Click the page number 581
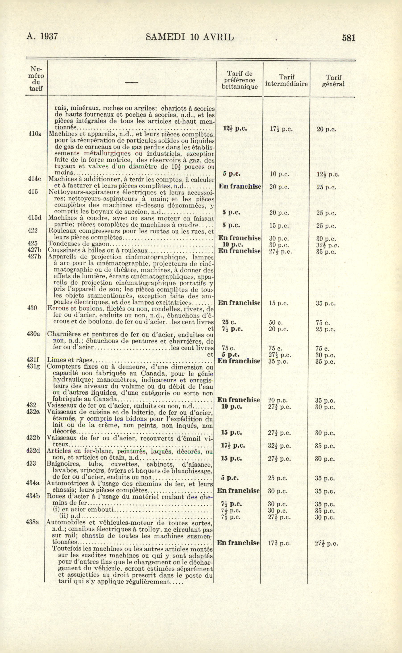(x=348, y=38)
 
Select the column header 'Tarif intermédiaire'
(x=286, y=80)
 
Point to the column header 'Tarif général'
(x=334, y=81)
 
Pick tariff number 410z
(x=35, y=134)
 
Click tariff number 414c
(x=34, y=179)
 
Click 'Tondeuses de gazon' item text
(x=79, y=244)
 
